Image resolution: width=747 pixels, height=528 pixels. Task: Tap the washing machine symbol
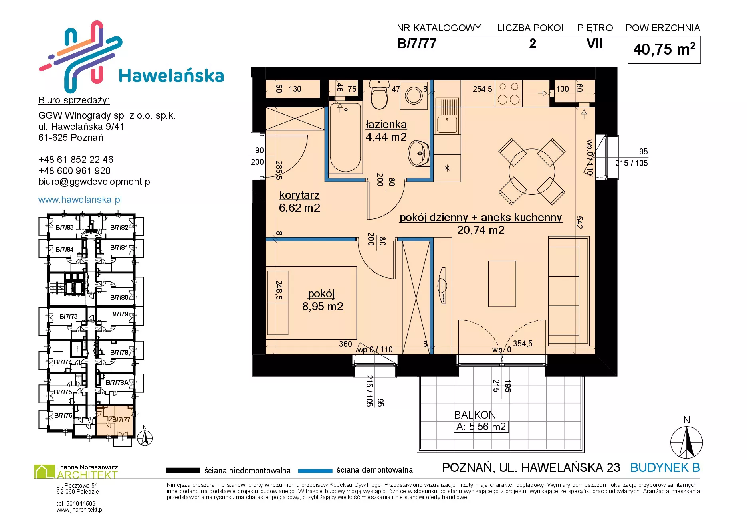pos(414,95)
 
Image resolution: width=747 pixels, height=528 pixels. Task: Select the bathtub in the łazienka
pos(345,137)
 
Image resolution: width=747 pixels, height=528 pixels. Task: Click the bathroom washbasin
pos(419,153)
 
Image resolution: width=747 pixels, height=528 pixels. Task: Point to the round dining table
pos(532,172)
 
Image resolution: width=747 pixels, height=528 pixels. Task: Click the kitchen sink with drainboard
pos(447,116)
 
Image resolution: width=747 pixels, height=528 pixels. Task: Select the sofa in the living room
pos(569,291)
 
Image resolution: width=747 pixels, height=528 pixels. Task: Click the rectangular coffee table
pos(502,284)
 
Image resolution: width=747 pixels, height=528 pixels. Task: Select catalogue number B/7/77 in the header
pos(417,44)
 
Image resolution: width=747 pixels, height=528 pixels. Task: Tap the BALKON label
pos(475,415)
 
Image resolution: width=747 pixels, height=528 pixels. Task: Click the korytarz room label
pos(299,195)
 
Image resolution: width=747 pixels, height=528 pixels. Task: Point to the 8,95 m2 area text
pos(323,306)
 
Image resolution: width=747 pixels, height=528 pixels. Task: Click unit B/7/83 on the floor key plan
pos(64,227)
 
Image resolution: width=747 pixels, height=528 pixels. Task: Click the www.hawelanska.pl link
pos(80,200)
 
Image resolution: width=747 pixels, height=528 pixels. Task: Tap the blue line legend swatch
pos(315,471)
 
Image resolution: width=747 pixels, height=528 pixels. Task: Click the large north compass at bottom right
pos(686,442)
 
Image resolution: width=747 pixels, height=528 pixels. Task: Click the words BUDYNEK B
pos(665,467)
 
